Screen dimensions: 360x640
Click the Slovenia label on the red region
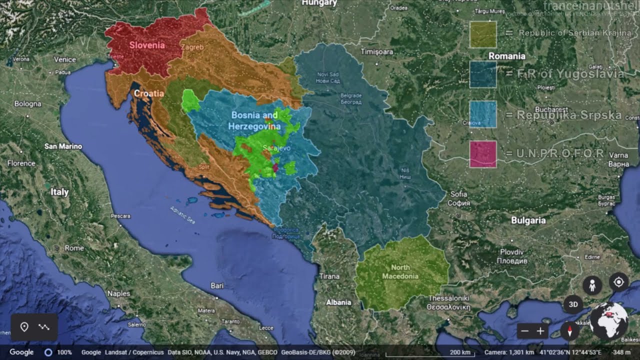pos(147,45)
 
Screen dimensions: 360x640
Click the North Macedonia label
pos(400,271)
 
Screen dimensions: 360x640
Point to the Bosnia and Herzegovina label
pos(254,120)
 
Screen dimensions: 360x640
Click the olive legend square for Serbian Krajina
pos(482,34)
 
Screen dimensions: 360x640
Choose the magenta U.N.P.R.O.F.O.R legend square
pos(482,154)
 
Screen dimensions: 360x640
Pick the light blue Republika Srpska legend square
pos(482,114)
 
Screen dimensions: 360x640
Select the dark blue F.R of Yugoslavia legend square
pos(482,74)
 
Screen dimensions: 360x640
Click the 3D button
pos(573,304)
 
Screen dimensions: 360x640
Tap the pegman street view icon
pos(592,285)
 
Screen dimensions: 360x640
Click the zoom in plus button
pos(540,331)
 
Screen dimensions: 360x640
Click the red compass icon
pos(569,331)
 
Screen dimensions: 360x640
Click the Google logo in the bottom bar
pos(21,352)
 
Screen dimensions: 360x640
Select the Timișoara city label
pos(377,51)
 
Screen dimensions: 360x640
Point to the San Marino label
pos(63,146)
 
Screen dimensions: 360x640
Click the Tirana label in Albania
pos(329,276)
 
